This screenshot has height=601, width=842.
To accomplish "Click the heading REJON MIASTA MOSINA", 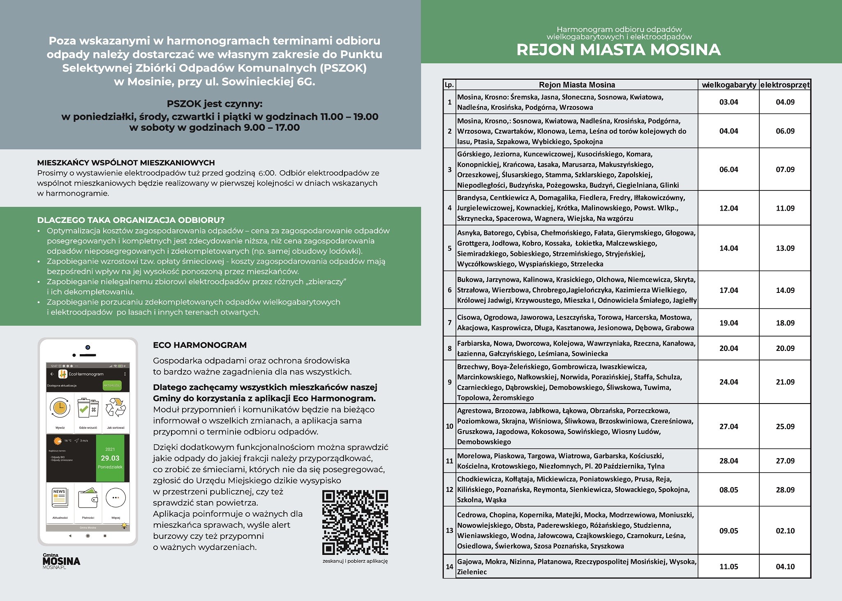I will [x=618, y=49].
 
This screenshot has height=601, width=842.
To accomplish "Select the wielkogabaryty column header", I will [x=729, y=85].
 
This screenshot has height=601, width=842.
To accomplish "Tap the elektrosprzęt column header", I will [x=785, y=85].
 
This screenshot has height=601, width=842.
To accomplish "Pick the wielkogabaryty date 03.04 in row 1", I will [x=729, y=102].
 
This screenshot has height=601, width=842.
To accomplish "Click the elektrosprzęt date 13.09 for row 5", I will [x=785, y=248].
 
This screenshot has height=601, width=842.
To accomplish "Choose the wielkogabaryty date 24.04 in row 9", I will [x=729, y=382].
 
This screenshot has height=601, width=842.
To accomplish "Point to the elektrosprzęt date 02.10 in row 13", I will [x=785, y=531].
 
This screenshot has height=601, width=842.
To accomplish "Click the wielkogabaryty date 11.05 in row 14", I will [x=729, y=566].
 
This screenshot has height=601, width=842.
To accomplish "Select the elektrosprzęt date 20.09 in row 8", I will [x=785, y=348].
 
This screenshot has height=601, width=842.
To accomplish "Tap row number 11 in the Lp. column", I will [x=449, y=461].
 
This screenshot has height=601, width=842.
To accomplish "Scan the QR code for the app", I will [x=355, y=522].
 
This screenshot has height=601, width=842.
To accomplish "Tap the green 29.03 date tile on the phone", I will [x=110, y=458].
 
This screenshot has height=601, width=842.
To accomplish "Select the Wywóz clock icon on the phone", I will [x=60, y=408].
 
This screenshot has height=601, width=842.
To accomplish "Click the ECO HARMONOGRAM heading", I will [x=200, y=345].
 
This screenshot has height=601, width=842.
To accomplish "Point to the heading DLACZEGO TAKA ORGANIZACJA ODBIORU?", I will [x=131, y=220].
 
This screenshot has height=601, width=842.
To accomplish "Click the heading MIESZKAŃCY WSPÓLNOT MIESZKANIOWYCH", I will [x=126, y=163].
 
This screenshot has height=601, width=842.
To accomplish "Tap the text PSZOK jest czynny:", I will [x=214, y=103].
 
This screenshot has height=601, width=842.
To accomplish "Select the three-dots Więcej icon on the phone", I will [x=116, y=499].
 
